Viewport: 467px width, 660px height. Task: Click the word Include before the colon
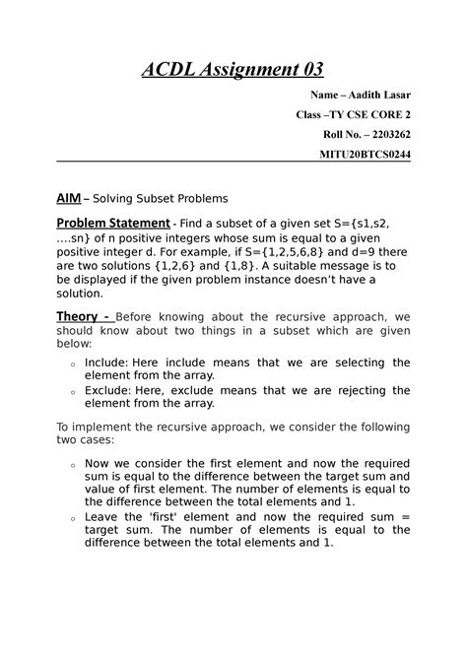[x=106, y=363]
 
